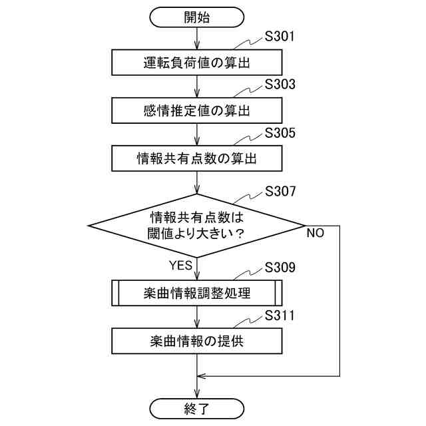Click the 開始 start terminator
[196, 18]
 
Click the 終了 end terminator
[196, 407]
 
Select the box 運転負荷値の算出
[196, 64]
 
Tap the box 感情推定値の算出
[196, 110]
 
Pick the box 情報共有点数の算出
[196, 158]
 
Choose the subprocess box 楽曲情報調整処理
[196, 292]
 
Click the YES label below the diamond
[180, 265]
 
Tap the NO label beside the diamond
[316, 234]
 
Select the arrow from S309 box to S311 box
[196, 316]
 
